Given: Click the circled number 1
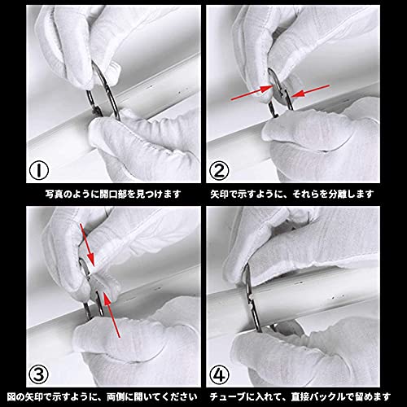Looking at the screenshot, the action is tap(39, 170).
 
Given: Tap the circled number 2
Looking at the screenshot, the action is tap(219, 170).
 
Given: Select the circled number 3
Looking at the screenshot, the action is tap(38, 375).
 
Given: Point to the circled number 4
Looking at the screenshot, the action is tap(219, 375).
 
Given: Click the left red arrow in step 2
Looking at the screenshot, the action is tap(252, 93).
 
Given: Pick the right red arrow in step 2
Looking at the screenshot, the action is tap(310, 91).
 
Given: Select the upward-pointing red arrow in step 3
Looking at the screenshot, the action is tap(112, 315).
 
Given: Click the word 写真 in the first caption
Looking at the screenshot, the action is tap(52, 194).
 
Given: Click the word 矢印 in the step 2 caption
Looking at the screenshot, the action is tap(217, 194).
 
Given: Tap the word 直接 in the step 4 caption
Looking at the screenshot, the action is tap(298, 397).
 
